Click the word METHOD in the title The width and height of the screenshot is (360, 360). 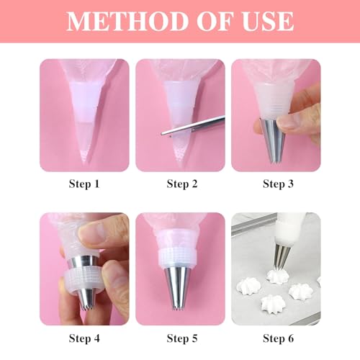click(127, 21)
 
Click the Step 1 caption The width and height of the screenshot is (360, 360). click(84, 184)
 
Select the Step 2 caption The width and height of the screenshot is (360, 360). click(182, 184)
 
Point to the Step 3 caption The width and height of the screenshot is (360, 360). click(278, 184)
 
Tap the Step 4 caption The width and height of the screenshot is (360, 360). click(84, 338)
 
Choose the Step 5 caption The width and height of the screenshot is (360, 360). click(182, 338)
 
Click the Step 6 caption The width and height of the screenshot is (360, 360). click(278, 338)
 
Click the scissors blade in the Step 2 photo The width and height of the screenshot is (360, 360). click(193, 125)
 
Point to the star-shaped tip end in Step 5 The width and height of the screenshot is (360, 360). click(177, 308)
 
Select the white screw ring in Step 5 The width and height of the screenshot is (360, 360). click(178, 257)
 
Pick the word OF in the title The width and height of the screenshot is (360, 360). click(215, 21)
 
